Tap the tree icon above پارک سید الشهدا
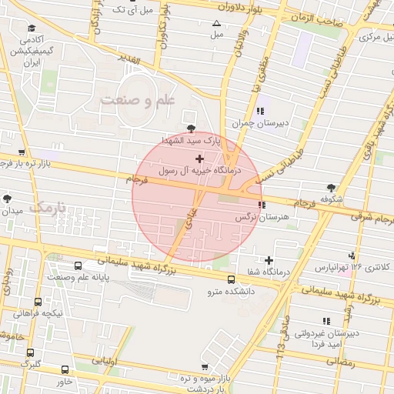point(191,129)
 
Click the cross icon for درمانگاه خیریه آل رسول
point(200,158)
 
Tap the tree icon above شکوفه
point(331,187)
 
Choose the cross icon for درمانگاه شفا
point(269,260)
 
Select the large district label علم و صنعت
point(139,100)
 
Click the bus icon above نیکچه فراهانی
point(38,302)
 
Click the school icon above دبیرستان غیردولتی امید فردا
point(326,320)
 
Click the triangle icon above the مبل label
point(216,23)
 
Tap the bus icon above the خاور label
point(64,369)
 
